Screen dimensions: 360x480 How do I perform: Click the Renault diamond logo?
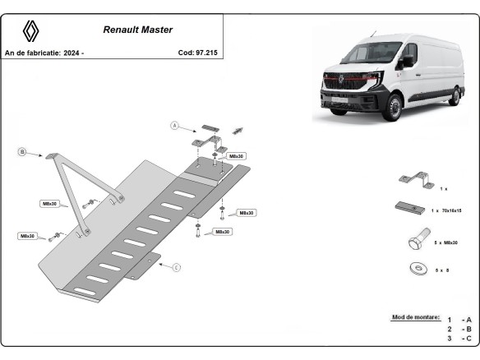[31, 31]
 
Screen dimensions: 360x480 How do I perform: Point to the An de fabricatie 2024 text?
[44, 53]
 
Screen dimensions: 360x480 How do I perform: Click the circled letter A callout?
[174, 126]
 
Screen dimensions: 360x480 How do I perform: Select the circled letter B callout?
[23, 152]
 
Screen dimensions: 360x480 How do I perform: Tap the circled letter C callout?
[177, 266]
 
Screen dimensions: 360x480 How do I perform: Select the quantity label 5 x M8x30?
[449, 242]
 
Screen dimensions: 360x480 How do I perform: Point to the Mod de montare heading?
[416, 317]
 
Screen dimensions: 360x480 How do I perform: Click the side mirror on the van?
[408, 62]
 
